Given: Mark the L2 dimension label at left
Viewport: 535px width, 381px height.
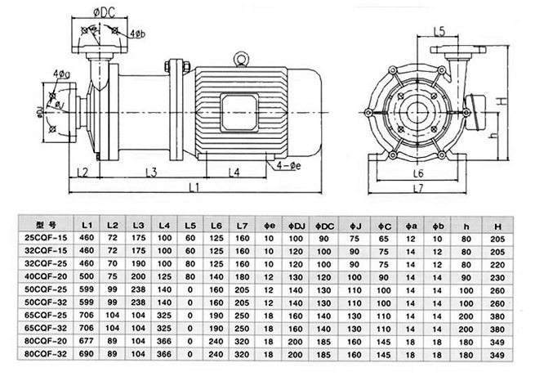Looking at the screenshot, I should tap(82, 172).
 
